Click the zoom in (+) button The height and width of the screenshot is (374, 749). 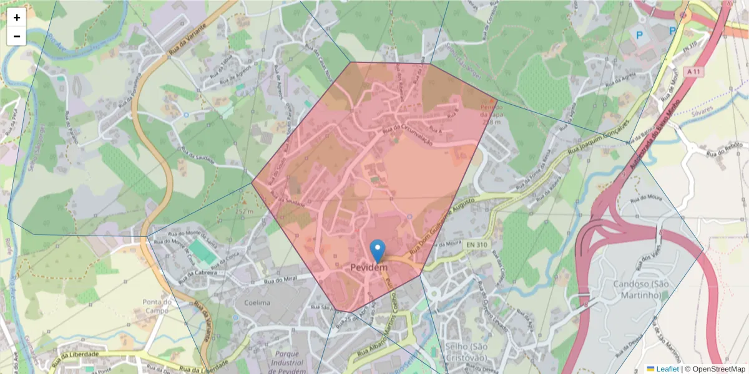point(17,17)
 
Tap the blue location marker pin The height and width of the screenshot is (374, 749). point(378,251)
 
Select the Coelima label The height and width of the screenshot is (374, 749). point(258,303)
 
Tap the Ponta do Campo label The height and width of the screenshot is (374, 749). point(157,306)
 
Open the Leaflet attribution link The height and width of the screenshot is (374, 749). point(667,369)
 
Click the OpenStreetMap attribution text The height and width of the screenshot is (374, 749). point(715,369)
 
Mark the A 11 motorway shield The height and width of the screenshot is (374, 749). point(692,72)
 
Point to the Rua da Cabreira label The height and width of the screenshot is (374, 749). point(198,274)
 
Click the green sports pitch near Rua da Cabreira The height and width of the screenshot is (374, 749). point(203,252)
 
